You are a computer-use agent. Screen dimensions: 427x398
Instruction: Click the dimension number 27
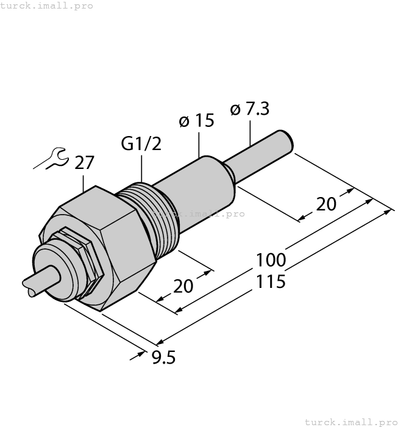pyautogui.click(x=85, y=163)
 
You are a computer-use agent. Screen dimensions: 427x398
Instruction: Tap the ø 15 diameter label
pyautogui.click(x=196, y=121)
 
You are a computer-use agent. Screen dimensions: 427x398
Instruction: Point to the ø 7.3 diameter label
pyautogui.click(x=249, y=109)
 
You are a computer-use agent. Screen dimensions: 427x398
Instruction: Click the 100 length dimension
pyautogui.click(x=271, y=260)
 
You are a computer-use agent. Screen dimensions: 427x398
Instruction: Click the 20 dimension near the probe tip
pyautogui.click(x=326, y=204)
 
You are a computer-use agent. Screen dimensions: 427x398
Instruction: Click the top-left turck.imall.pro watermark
pyautogui.click(x=47, y=5)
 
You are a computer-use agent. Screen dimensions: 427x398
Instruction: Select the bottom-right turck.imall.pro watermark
pyautogui.click(x=350, y=422)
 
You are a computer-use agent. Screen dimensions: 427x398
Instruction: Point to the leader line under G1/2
pyautogui.click(x=142, y=168)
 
